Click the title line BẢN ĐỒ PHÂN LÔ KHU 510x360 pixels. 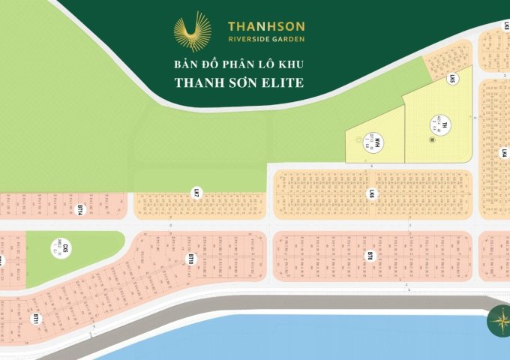point(240,64)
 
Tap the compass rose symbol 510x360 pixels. point(497,320)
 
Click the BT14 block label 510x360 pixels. point(79,209)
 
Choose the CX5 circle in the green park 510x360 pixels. point(65,248)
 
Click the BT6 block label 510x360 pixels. point(370,257)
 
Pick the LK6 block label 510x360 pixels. point(370,195)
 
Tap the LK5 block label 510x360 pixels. point(452,78)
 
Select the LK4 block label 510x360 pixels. point(505,154)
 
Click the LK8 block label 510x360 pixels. point(505,25)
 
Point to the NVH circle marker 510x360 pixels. point(379,142)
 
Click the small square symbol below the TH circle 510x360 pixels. point(432,139)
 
